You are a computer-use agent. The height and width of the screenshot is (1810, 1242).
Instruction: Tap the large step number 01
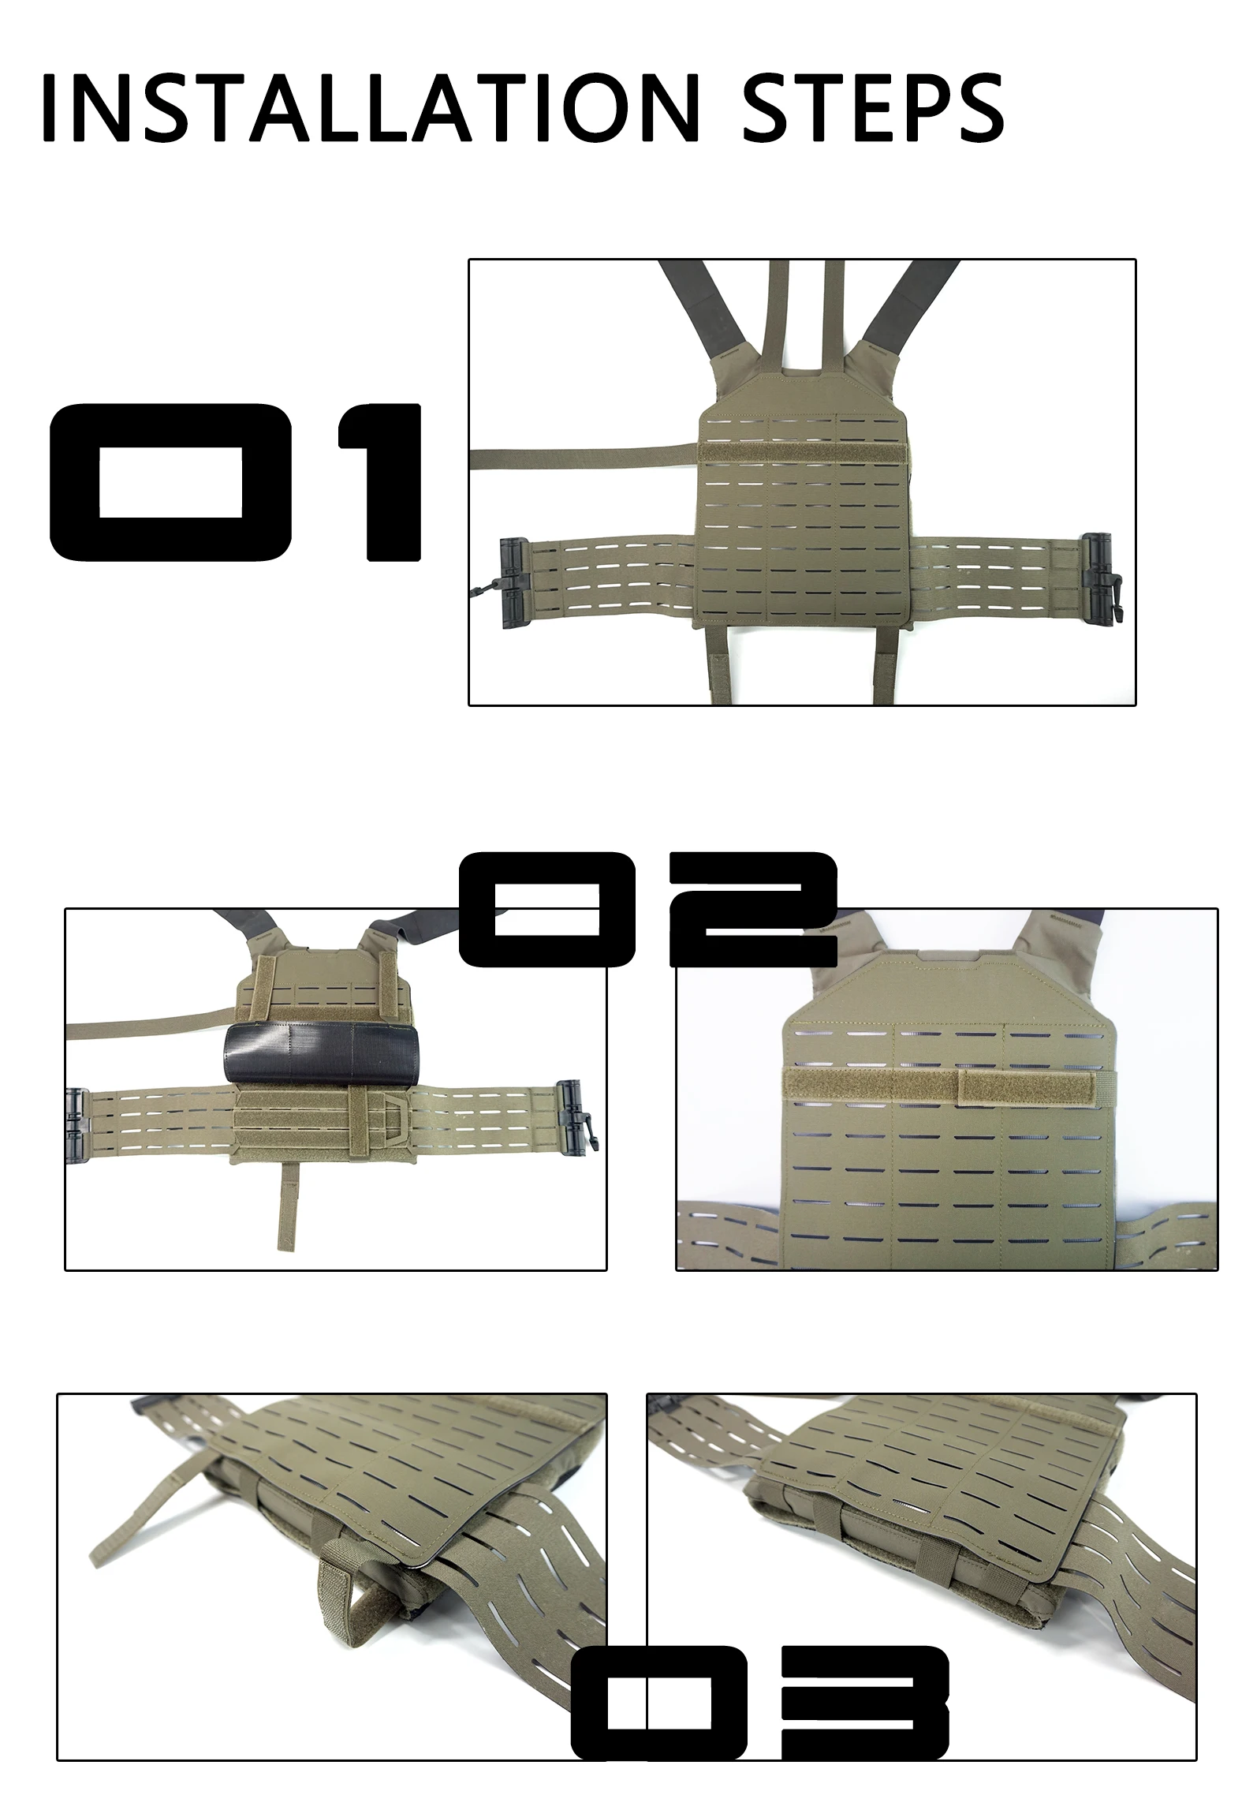pyautogui.click(x=236, y=483)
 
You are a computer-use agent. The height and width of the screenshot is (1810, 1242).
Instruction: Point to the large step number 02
pyautogui.click(x=647, y=909)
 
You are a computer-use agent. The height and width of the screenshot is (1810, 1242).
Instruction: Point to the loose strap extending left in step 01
pyautogui.click(x=584, y=456)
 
